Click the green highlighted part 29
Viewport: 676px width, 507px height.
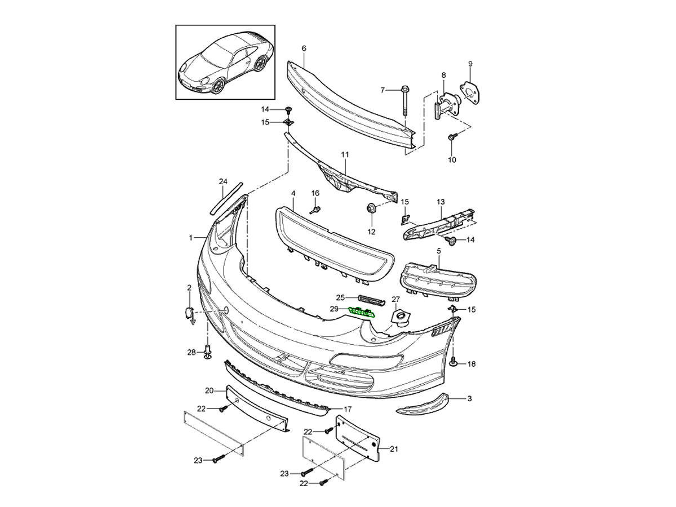362,311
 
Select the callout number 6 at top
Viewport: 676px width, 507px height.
304,48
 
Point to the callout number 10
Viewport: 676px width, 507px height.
452,160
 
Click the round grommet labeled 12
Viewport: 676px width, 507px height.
371,208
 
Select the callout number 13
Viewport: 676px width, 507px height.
441,201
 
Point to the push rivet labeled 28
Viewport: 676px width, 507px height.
208,352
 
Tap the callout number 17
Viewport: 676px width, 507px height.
348,409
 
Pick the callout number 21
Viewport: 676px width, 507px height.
394,449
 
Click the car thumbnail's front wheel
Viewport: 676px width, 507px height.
217,86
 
